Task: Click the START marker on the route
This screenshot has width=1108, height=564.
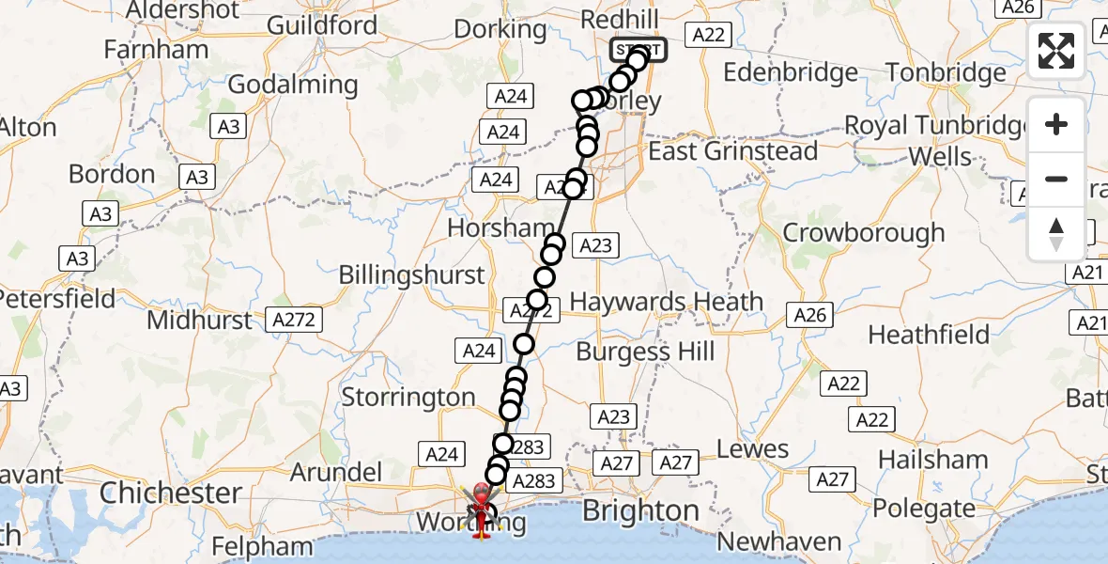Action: point(639,50)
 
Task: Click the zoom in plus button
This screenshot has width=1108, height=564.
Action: point(1056,124)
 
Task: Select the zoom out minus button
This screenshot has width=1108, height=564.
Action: point(1056,179)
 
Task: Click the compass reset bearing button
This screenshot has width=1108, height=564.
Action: point(1056,234)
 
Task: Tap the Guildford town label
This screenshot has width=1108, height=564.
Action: point(322,24)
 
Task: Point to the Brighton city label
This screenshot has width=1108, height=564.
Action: point(640,510)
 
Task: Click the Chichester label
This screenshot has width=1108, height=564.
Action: point(171,493)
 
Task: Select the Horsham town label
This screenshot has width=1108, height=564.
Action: point(500,227)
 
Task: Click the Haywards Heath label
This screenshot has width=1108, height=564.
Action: point(667,302)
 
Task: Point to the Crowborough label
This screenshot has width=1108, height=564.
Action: point(863,232)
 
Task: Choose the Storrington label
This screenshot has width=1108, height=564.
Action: point(408,397)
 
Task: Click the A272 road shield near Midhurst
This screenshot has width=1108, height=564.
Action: point(292,320)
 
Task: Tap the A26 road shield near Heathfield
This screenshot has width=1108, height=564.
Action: point(810,315)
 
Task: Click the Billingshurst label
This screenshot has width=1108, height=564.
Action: point(411,275)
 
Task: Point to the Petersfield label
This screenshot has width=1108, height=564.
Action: point(56,299)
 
